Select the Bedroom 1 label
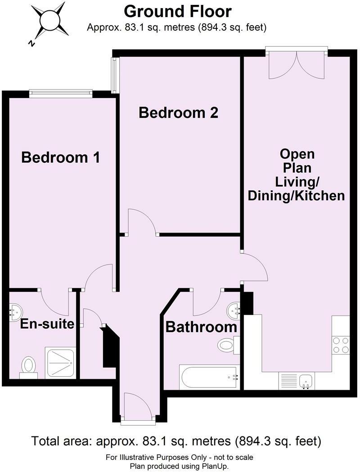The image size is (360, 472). [x=60, y=157]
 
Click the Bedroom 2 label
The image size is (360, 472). [x=178, y=112]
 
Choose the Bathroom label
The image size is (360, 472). [x=201, y=327]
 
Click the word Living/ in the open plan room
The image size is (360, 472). [x=297, y=182]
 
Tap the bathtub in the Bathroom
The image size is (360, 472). [x=208, y=377]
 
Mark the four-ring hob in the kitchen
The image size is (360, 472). [x=340, y=345]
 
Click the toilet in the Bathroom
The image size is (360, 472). [x=228, y=345]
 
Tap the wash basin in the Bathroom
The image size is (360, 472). [x=234, y=310]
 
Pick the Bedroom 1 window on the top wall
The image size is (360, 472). [x=61, y=94]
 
